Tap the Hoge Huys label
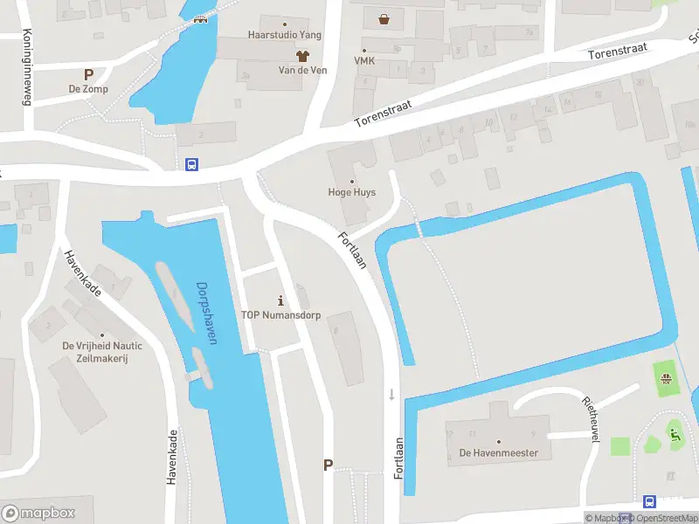click(x=351, y=192)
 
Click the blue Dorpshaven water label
click(x=206, y=313)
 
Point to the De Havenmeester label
click(x=498, y=453)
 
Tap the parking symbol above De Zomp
click(x=87, y=74)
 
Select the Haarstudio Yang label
click(x=285, y=35)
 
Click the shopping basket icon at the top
click(x=384, y=18)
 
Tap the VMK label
click(x=364, y=61)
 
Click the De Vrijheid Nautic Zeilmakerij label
click(x=101, y=352)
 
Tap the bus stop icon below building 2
click(x=191, y=163)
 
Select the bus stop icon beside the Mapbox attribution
click(x=649, y=501)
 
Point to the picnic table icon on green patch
click(x=667, y=377)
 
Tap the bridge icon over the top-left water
click(x=201, y=22)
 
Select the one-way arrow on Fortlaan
click(x=391, y=395)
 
